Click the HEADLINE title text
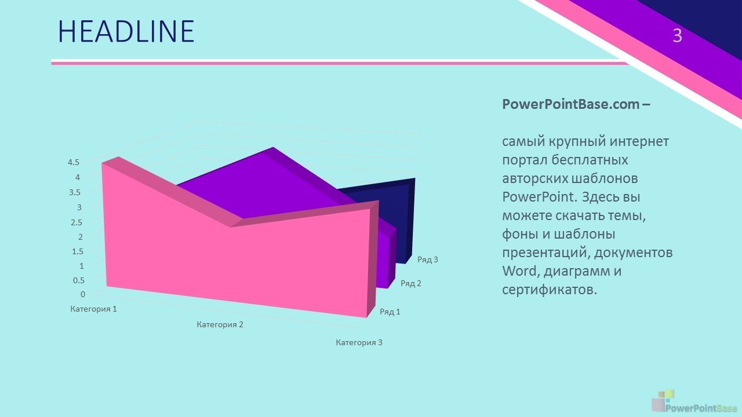point(126,31)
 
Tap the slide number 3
point(678,36)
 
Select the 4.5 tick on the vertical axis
point(74,162)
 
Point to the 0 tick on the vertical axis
point(83,294)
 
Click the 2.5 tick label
point(76,222)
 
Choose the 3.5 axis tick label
point(75,192)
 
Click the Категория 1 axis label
point(94,309)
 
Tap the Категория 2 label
point(220,325)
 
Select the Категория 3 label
point(359,342)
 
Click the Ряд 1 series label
point(390,312)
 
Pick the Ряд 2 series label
point(411,283)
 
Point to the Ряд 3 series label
point(428,260)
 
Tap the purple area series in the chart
point(265,185)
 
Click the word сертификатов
point(550,290)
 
